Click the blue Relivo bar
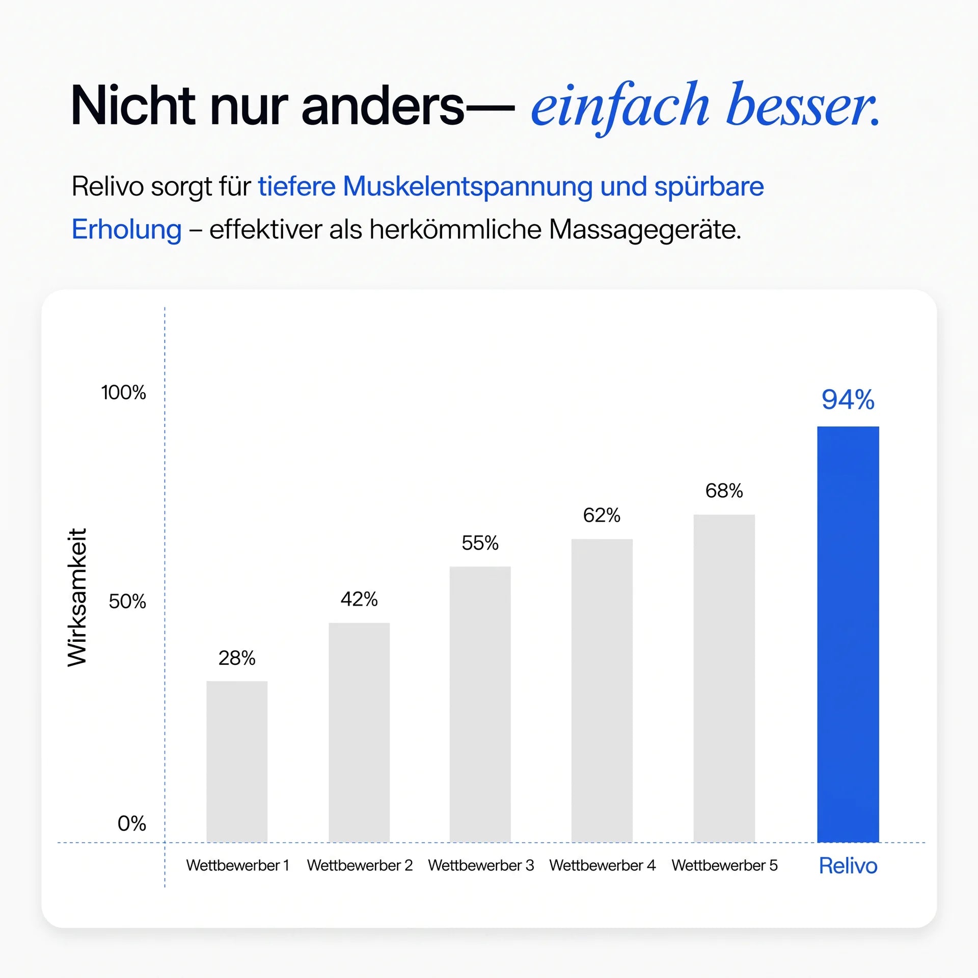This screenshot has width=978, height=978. pos(848,634)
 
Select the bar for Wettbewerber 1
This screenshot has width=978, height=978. pos(237,762)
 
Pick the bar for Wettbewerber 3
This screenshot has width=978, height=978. pos(480,704)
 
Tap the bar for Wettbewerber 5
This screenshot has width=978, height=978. pos(724,678)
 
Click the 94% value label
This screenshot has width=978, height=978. pos(848,399)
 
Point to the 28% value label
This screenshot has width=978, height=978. pos(237,658)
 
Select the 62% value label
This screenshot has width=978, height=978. pos(602,515)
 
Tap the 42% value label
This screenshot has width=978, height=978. pos(359,599)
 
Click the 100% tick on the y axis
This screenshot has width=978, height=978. pos(123,392)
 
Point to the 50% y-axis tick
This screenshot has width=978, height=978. pos(127,602)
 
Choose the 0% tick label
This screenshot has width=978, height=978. pos(131,824)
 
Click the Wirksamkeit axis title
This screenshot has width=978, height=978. pos(77,597)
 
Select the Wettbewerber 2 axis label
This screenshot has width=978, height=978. pos(360,865)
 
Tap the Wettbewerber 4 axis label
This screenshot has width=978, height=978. pos(602,865)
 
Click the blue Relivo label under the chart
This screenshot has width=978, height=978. pos(848,866)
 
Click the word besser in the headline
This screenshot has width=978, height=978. pos(803,105)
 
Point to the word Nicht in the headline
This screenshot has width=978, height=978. pos(133,105)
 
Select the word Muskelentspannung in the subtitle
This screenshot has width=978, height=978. pos(468,187)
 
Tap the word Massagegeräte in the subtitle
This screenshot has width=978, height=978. pos(645,230)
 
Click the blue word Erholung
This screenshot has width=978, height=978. pos(126,230)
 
